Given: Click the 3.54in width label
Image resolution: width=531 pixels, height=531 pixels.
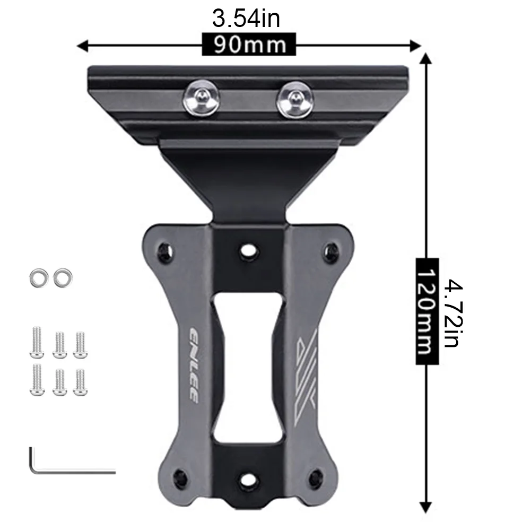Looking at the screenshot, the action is [x=246, y=19].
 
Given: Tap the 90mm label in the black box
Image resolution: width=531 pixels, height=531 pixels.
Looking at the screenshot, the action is [x=249, y=45].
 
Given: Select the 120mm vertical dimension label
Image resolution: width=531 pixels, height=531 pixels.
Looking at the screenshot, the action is [x=428, y=311].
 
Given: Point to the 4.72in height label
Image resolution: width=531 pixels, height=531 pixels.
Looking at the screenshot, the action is [x=453, y=313].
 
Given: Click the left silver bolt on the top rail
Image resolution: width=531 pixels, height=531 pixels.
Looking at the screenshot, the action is [x=201, y=98].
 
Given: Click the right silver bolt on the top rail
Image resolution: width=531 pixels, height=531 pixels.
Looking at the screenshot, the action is [x=294, y=99].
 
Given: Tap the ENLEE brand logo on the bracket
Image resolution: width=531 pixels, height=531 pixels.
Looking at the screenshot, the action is [x=194, y=365].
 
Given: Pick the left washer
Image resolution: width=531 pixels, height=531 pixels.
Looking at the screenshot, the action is [x=39, y=278].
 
